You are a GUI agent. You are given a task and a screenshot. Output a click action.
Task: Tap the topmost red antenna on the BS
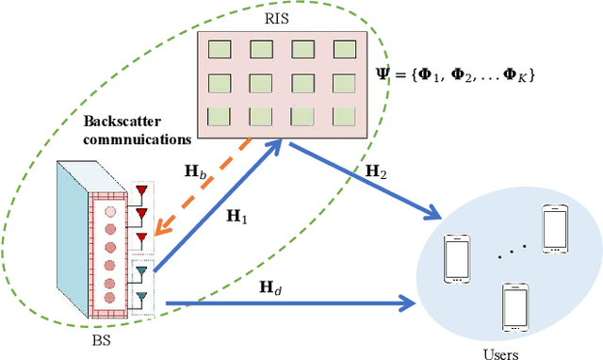pos(143,190)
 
